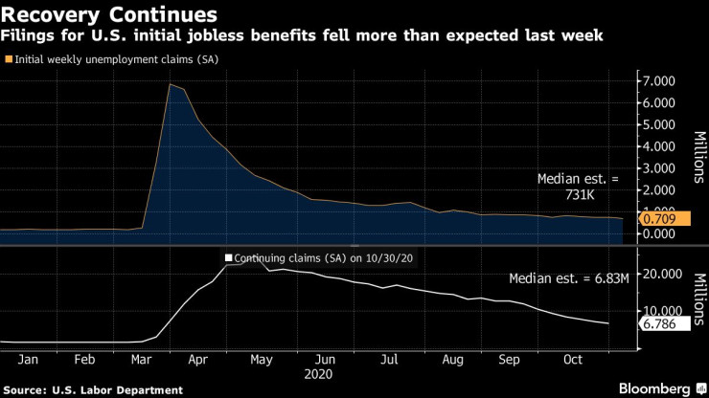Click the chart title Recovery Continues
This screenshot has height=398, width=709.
coord(111,15)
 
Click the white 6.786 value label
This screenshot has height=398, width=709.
coord(656,324)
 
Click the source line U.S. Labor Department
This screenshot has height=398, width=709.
coord(94,389)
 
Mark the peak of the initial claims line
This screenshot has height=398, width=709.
coord(170,84)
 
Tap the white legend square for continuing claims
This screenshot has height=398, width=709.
coord(228,257)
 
